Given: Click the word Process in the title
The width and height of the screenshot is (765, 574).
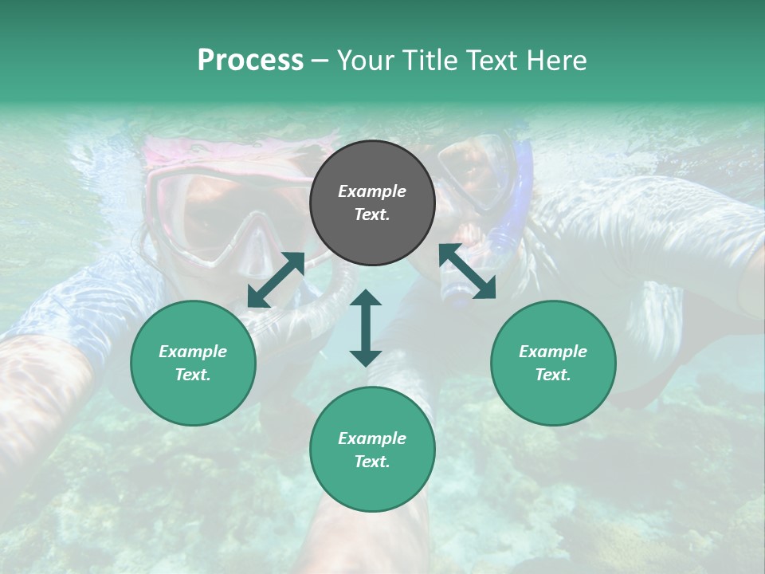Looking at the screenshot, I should tap(250, 61).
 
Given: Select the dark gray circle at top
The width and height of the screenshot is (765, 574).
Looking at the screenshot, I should tap(372, 203).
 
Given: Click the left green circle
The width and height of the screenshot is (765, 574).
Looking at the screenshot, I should tap(193, 364).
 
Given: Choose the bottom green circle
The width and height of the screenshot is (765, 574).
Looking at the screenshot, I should tap(372, 450).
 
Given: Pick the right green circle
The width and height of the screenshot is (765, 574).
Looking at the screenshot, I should tap(553, 364).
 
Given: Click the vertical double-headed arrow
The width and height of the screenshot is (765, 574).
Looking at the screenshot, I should tap(366, 328).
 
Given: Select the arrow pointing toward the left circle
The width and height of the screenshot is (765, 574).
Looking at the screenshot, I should tap(276, 280).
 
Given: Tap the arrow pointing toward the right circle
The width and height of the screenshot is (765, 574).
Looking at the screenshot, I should tap(467, 272).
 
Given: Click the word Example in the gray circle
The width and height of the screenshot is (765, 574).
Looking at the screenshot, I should tap(372, 191).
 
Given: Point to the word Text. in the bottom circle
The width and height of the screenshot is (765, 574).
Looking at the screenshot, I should tap(372, 462).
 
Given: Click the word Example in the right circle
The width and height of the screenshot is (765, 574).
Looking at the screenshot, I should tap(553, 352).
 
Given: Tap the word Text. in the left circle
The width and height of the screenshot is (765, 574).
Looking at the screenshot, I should tap(193, 375).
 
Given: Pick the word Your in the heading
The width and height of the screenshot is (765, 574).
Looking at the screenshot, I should tap(363, 61).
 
